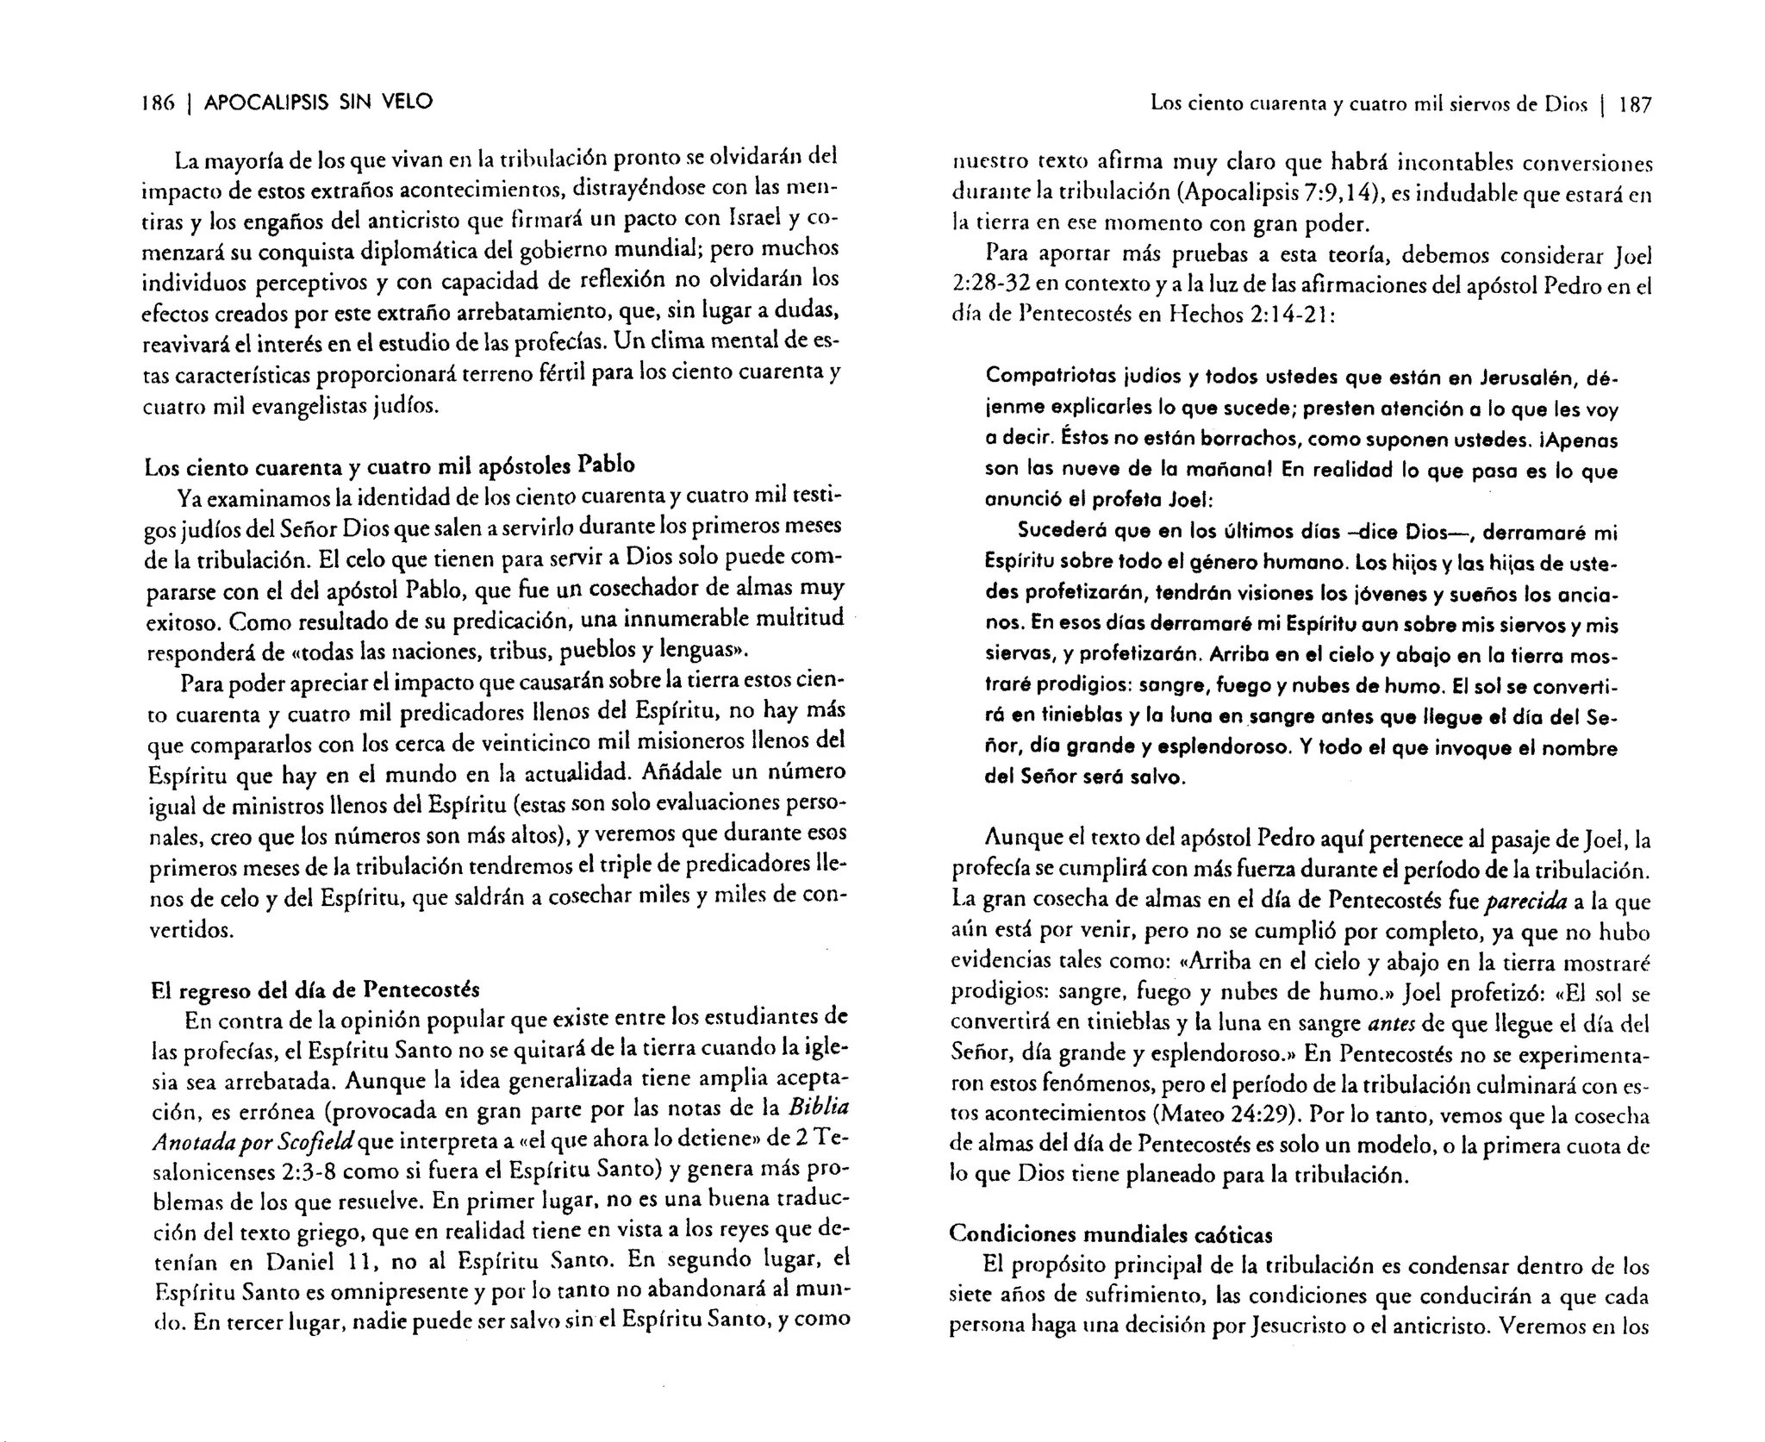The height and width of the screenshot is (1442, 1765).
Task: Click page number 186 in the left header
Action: [158, 103]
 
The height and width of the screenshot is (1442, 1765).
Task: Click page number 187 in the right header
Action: [1634, 105]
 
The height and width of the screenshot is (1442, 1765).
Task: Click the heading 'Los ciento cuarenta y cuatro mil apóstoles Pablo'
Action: [390, 466]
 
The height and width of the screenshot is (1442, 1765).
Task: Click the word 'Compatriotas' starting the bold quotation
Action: [1039, 377]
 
